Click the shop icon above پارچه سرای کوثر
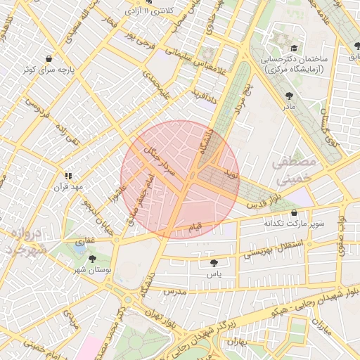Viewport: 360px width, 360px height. click(x=48, y=59)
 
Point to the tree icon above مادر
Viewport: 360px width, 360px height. click(x=289, y=96)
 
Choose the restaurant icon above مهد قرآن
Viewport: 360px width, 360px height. click(x=68, y=176)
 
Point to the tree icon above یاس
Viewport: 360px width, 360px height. click(x=214, y=263)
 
